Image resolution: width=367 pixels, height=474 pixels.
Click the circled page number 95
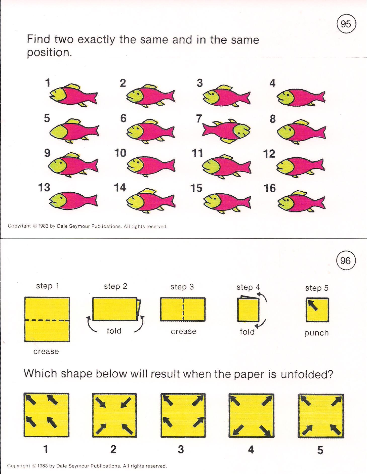[x=346, y=24]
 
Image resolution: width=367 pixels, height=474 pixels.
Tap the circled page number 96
[x=345, y=261]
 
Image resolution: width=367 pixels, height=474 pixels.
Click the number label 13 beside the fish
[x=44, y=187]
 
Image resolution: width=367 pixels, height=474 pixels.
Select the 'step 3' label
[x=182, y=287]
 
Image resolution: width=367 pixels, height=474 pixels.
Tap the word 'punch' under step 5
[x=317, y=333]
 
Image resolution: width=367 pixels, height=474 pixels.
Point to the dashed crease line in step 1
[x=47, y=320]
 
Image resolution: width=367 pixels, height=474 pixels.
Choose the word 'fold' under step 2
[x=114, y=330]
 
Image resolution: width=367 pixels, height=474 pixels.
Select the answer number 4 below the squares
[x=251, y=449]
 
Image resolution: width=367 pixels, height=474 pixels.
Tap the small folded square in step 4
[x=248, y=310]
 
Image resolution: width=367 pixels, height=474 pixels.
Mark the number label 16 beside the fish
[x=270, y=188]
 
